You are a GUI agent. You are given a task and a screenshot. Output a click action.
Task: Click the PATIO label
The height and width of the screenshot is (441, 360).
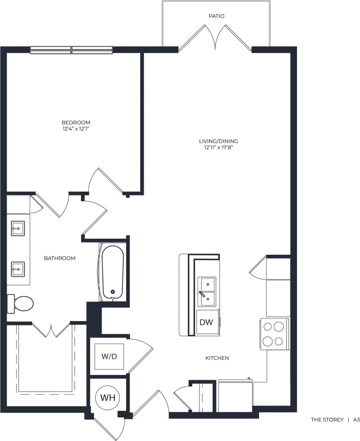(216, 16)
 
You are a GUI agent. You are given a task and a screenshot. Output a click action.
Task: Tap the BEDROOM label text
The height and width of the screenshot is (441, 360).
(76, 122)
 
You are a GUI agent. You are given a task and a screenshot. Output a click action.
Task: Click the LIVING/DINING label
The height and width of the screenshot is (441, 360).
(219, 141)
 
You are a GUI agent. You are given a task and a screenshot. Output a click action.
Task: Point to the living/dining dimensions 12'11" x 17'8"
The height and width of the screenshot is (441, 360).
(219, 147)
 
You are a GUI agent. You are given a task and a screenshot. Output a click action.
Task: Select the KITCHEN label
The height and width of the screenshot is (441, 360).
(217, 358)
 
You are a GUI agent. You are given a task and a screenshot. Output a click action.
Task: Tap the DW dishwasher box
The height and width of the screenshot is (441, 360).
(206, 322)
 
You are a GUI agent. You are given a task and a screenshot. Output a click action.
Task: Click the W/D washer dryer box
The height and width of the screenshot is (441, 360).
(109, 356)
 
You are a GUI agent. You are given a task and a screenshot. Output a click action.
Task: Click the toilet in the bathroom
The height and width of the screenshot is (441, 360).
(21, 303)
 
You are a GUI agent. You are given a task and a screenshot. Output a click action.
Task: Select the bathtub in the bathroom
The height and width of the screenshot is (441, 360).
(113, 272)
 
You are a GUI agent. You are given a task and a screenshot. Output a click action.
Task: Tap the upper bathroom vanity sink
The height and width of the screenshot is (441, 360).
(18, 229)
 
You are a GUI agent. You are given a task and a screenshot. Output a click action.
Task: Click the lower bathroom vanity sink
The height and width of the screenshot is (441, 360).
(18, 269)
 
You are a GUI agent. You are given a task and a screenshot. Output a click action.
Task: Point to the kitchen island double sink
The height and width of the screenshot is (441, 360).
(207, 292)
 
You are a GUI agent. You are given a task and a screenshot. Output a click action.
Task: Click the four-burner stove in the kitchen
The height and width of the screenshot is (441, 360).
(274, 334)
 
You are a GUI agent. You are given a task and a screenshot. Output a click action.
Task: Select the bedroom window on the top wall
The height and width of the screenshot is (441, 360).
(71, 50)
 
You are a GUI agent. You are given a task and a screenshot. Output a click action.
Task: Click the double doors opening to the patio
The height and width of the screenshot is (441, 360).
(216, 38)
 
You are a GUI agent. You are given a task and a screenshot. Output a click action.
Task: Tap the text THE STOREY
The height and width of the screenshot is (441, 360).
(327, 420)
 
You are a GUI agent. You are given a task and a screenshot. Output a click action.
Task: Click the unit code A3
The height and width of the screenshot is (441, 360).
(356, 420)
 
